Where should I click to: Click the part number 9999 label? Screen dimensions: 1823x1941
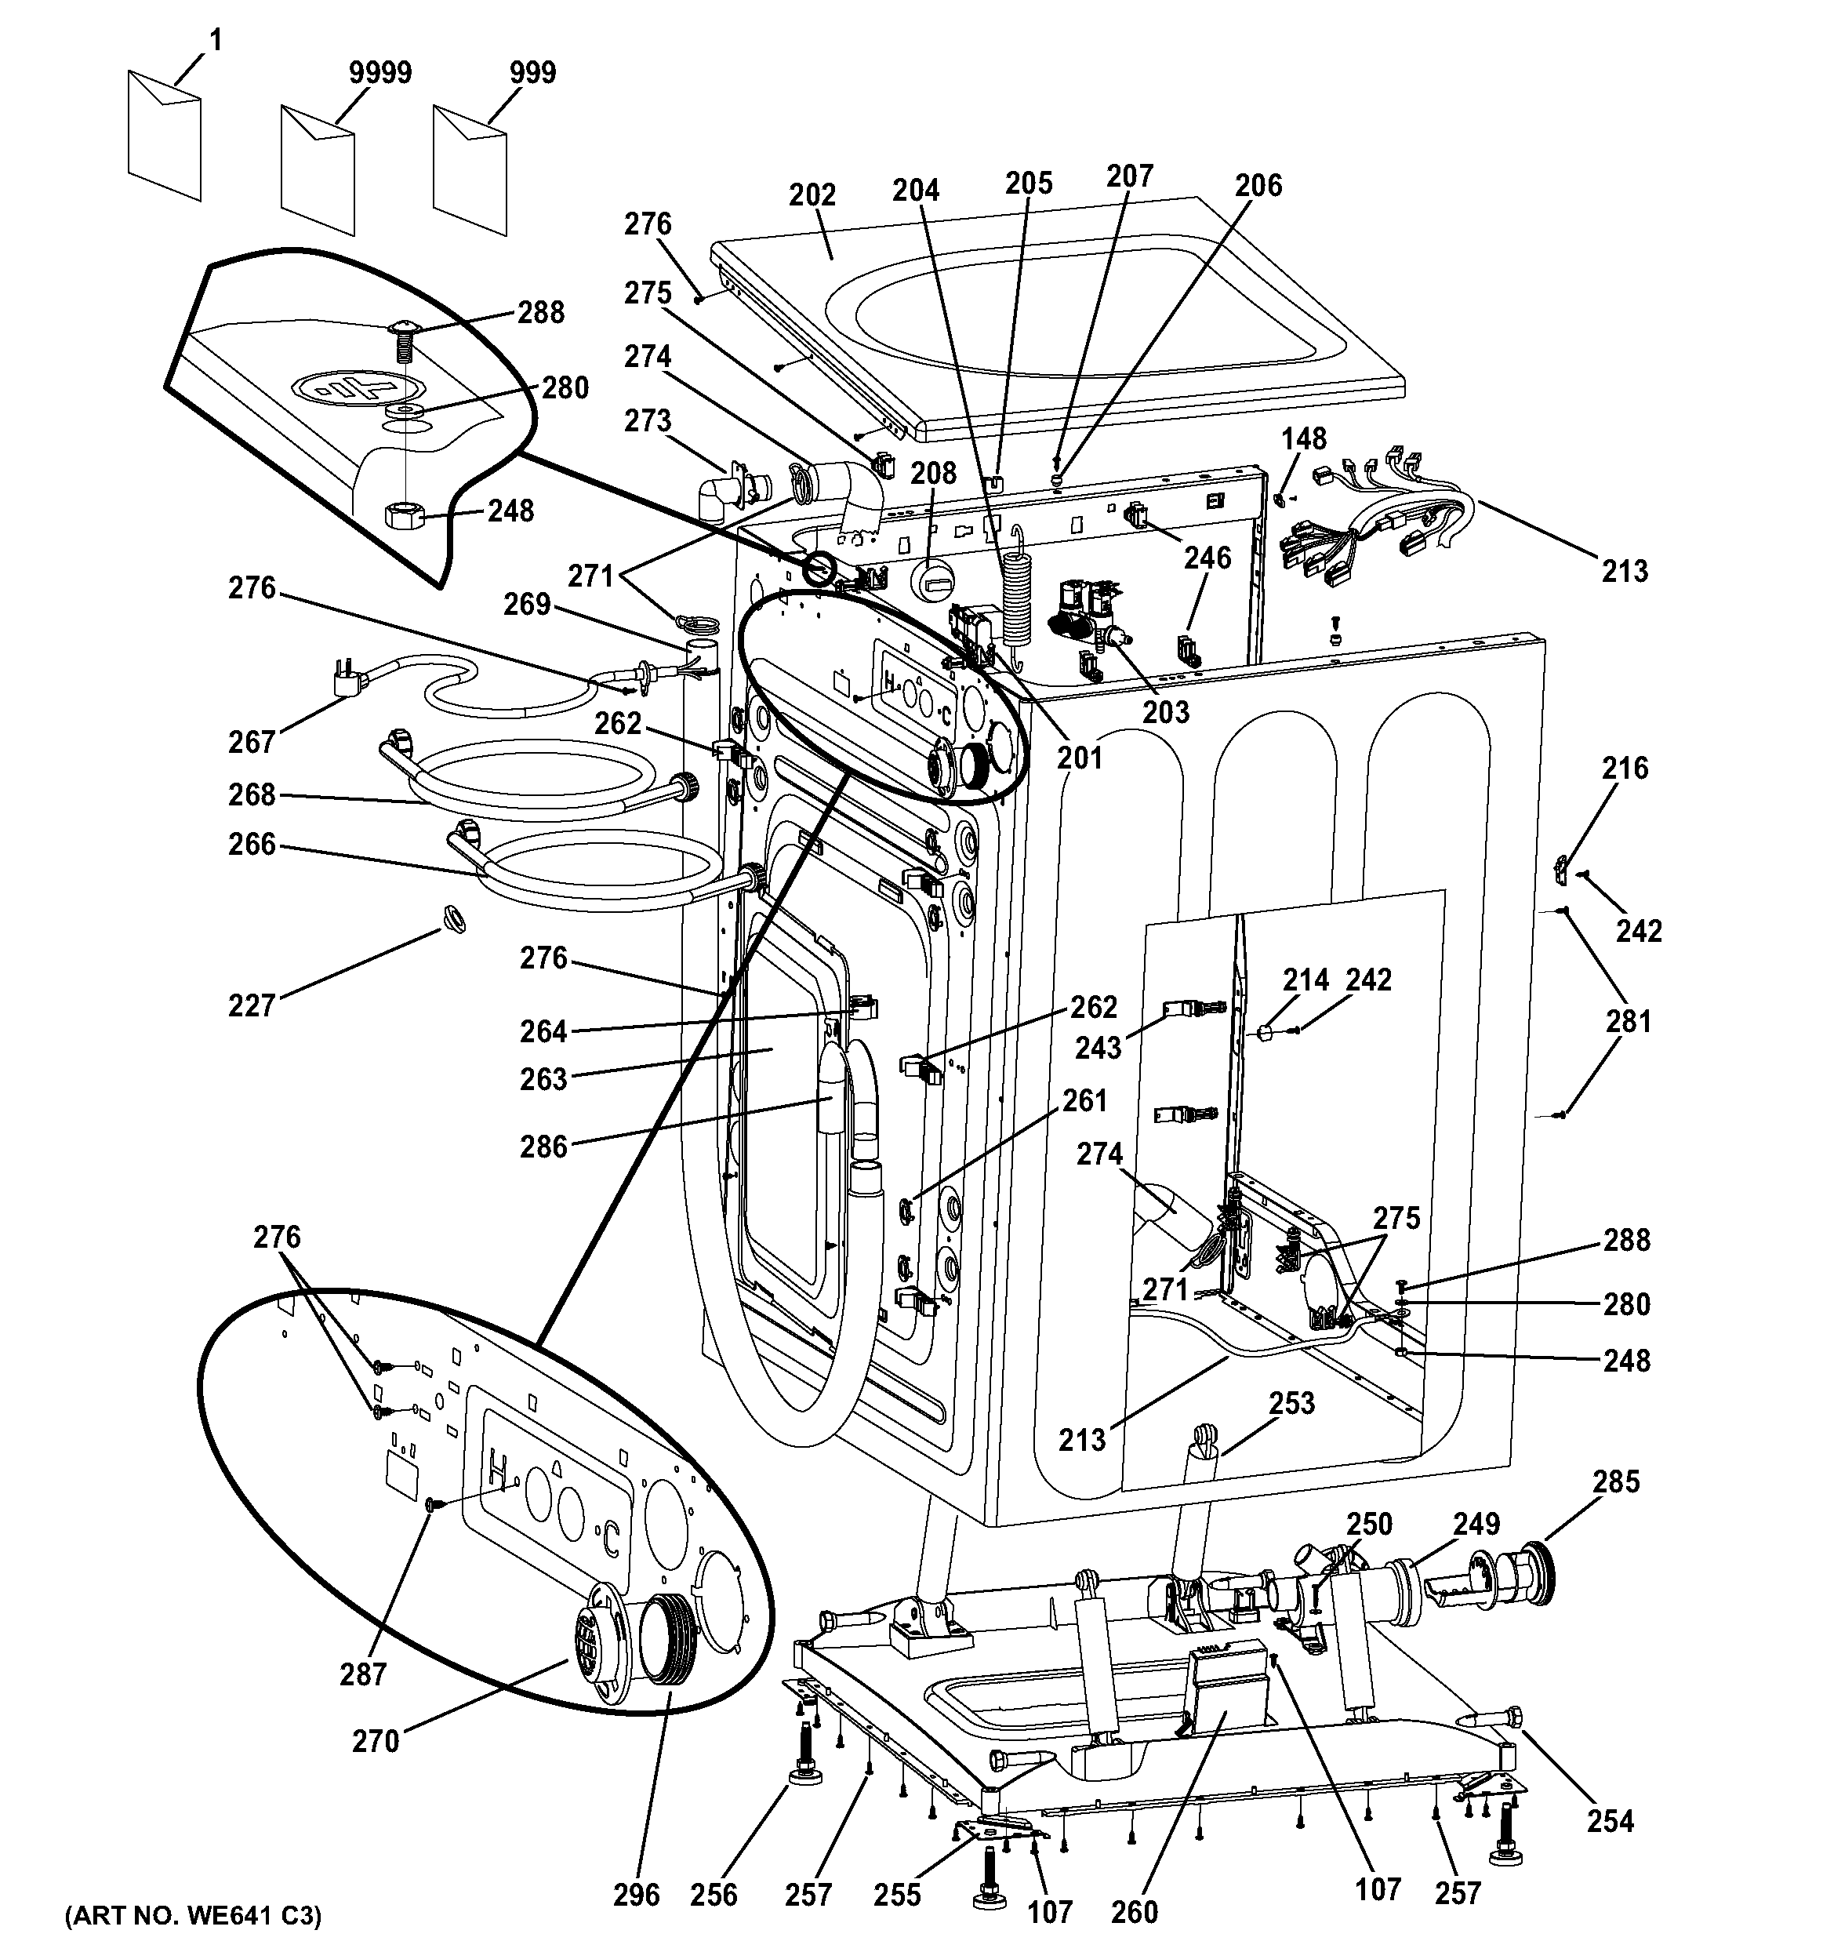tap(379, 72)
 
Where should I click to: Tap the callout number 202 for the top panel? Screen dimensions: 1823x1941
tap(812, 194)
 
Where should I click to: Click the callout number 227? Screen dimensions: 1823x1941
tap(252, 1005)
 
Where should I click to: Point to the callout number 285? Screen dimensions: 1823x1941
tap(1615, 1481)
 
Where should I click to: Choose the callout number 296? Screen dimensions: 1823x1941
tap(637, 1894)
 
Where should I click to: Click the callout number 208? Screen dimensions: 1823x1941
tap(933, 473)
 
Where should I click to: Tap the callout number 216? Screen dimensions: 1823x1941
tap(1625, 769)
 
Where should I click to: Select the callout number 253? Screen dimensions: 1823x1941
tap(1291, 1403)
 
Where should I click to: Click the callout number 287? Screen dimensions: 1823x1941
tap(363, 1674)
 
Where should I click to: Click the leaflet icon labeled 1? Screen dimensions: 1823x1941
tap(164, 135)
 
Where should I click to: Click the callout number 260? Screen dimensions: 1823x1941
tap(1134, 1910)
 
